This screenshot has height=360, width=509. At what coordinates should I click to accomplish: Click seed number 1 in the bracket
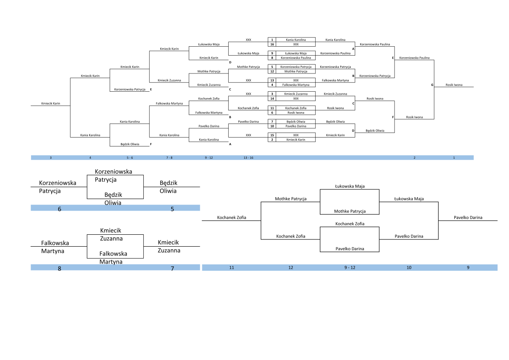(x=272, y=39)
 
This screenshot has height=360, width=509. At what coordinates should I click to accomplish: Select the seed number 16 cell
(x=272, y=44)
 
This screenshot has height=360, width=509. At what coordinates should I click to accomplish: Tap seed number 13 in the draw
(x=272, y=80)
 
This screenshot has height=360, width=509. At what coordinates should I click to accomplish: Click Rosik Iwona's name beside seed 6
(x=296, y=112)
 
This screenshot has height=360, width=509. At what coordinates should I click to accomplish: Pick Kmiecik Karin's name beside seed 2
(x=296, y=139)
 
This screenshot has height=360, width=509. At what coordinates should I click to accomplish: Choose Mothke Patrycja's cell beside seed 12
(x=296, y=71)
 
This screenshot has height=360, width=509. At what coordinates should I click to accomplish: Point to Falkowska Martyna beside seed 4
(x=296, y=85)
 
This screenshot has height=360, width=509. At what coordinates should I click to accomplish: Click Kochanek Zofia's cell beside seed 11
(x=296, y=108)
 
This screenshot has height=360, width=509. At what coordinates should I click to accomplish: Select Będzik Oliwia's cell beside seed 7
(x=296, y=121)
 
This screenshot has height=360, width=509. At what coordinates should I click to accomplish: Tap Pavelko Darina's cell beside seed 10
(x=296, y=126)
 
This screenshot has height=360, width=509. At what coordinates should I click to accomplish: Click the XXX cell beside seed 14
(x=296, y=98)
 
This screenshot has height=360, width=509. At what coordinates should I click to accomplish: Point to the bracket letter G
(x=432, y=85)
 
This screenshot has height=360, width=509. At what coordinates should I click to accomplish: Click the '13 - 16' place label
(x=249, y=157)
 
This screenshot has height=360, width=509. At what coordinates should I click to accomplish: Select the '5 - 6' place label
(x=130, y=157)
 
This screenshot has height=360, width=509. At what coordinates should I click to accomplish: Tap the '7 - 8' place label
(x=169, y=157)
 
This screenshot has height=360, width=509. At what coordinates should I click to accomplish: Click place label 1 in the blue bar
(x=454, y=157)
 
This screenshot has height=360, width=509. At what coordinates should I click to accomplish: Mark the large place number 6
(x=59, y=209)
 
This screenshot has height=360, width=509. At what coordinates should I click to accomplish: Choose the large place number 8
(x=59, y=268)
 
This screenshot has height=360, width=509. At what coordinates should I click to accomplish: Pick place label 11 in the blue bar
(x=232, y=267)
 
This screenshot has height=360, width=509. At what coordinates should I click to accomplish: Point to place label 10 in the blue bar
(x=409, y=267)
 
